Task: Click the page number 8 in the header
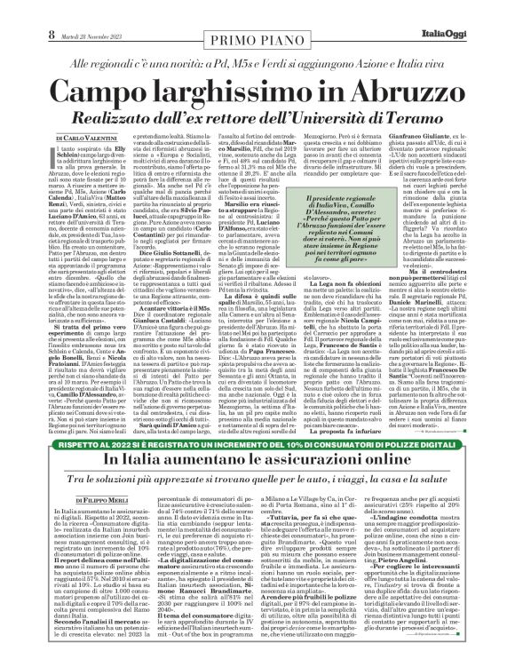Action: tap(14, 10)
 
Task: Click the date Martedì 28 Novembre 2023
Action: tap(60, 10)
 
